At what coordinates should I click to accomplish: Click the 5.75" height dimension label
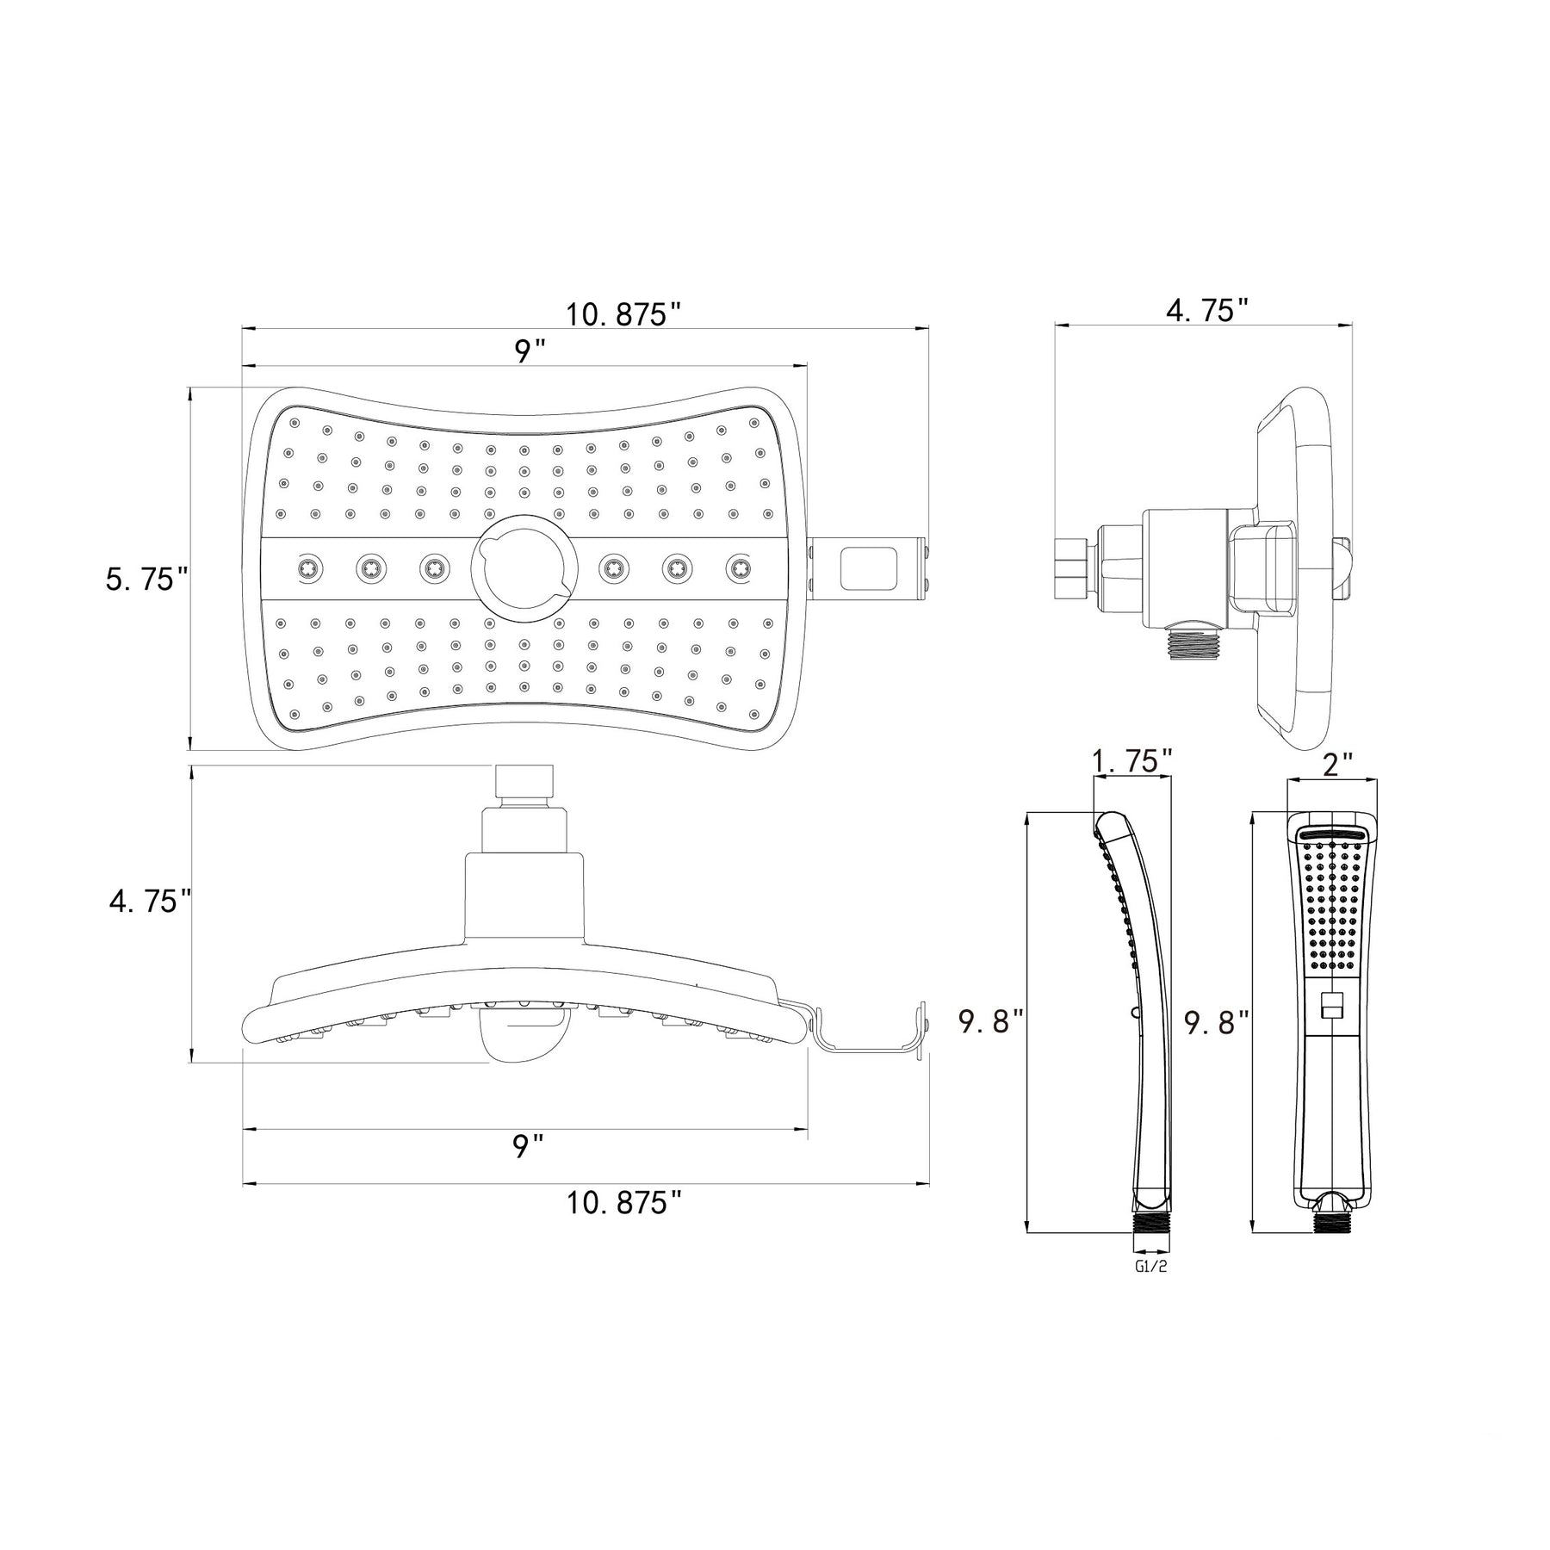click(x=146, y=580)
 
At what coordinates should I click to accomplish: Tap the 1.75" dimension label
click(x=1131, y=761)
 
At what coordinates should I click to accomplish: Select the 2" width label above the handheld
click(x=1338, y=763)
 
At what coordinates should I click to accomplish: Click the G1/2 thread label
click(x=1150, y=1266)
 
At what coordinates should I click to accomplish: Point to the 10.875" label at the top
click(x=623, y=314)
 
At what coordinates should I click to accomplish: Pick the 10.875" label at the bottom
click(x=623, y=1203)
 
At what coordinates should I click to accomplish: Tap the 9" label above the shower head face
click(x=530, y=352)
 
